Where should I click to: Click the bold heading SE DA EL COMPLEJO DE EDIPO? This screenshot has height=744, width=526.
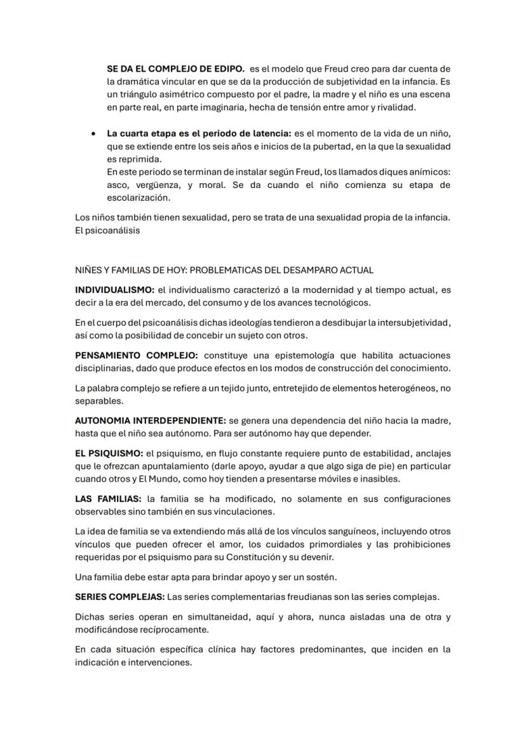pos(176,69)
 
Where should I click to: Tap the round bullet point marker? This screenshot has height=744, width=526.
pos(93,134)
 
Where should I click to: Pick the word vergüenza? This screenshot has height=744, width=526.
pos(160,185)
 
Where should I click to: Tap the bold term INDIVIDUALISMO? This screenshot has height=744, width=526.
pos(114,290)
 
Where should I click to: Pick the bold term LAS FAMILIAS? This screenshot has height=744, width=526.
pos(108,499)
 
